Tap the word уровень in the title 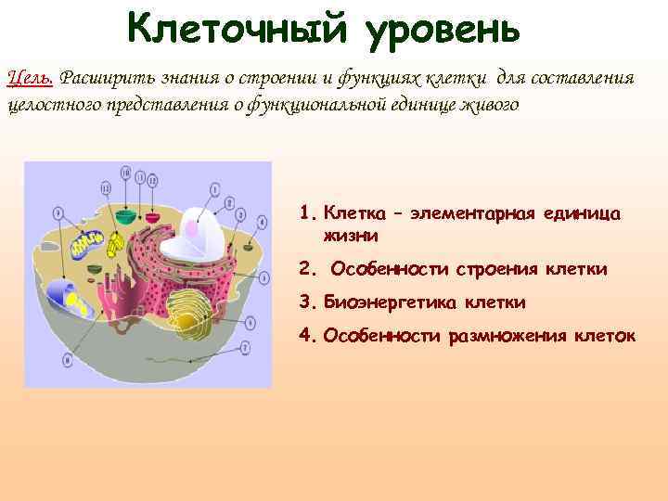(x=443, y=31)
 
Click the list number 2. (x=307, y=269)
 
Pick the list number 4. (x=307, y=335)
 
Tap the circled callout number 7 (x=245, y=348)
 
